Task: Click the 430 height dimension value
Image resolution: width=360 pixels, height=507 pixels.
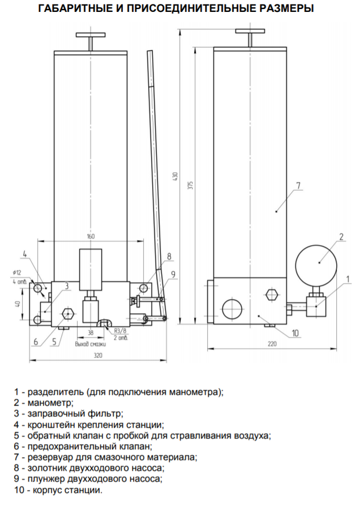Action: coord(175,176)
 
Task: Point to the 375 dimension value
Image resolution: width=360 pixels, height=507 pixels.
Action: coord(191,185)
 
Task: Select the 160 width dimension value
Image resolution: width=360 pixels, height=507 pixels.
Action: coord(91,236)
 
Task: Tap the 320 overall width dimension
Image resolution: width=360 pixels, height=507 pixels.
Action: coord(98,355)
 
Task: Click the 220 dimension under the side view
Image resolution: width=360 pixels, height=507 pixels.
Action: coord(272,344)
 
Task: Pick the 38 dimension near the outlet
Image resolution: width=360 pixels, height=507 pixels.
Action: coord(91,333)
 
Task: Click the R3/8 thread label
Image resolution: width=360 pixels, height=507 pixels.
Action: coord(120,331)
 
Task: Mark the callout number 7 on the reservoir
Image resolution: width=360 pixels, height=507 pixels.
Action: coord(298,186)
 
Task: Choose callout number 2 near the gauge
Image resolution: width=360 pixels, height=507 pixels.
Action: coord(341,237)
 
